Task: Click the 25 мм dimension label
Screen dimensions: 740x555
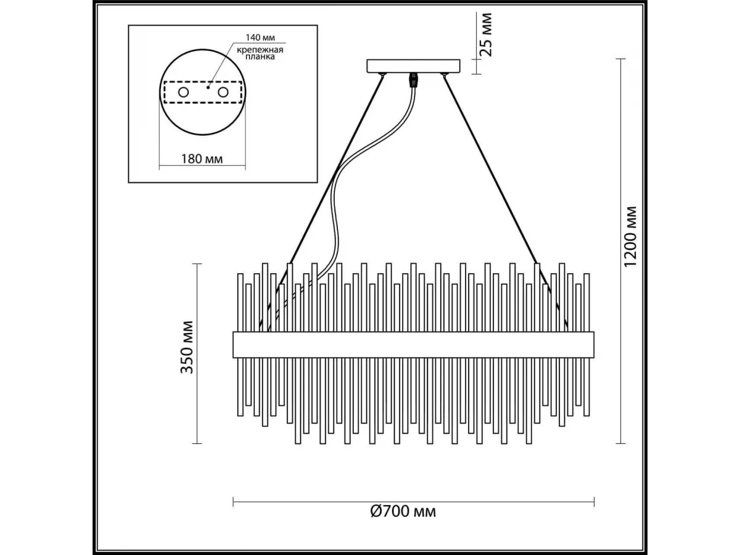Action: pyautogui.click(x=485, y=35)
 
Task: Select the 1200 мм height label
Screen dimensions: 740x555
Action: pyautogui.click(x=630, y=237)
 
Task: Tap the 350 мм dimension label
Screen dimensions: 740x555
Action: pyautogui.click(x=187, y=347)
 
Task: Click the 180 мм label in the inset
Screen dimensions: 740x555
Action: pyautogui.click(x=202, y=159)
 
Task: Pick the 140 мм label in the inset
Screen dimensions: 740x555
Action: pyautogui.click(x=260, y=37)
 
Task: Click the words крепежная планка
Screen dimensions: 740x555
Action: pyautogui.click(x=260, y=53)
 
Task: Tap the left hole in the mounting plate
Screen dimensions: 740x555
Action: pyautogui.click(x=183, y=92)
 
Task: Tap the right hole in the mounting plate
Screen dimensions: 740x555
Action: pyautogui.click(x=223, y=92)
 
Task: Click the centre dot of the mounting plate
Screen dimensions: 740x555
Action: pyautogui.click(x=208, y=88)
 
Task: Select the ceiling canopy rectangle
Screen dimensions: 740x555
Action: pyautogui.click(x=413, y=66)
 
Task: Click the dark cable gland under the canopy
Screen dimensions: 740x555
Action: pyautogui.click(x=412, y=80)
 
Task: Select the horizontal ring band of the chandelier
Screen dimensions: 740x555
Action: pyautogui.click(x=413, y=345)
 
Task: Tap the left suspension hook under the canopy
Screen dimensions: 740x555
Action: pyautogui.click(x=382, y=75)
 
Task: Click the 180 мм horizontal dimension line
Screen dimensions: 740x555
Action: pyautogui.click(x=202, y=166)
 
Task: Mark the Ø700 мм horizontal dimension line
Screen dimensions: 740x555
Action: pyautogui.click(x=413, y=512)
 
